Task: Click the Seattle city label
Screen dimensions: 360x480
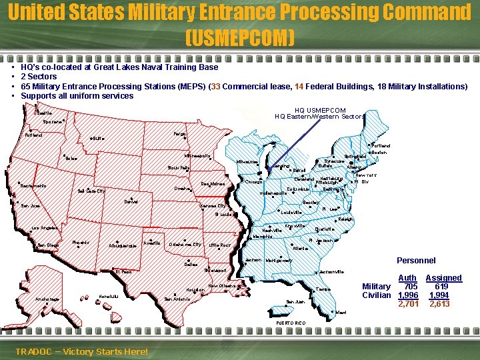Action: tap(44, 113)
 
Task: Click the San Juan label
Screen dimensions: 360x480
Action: tap(295, 302)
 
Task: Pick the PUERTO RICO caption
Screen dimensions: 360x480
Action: tap(291, 323)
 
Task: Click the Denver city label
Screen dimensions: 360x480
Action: tap(131, 202)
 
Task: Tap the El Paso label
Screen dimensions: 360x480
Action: tap(123, 272)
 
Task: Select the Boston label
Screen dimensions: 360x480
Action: tap(379, 153)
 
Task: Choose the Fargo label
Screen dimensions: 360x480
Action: tap(179, 134)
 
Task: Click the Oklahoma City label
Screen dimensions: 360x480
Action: tap(185, 245)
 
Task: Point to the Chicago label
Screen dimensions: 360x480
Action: tap(253, 182)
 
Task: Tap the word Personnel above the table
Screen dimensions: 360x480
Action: tap(416, 261)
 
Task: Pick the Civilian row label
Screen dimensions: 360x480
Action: tap(376, 295)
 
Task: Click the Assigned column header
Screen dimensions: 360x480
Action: tap(443, 278)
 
